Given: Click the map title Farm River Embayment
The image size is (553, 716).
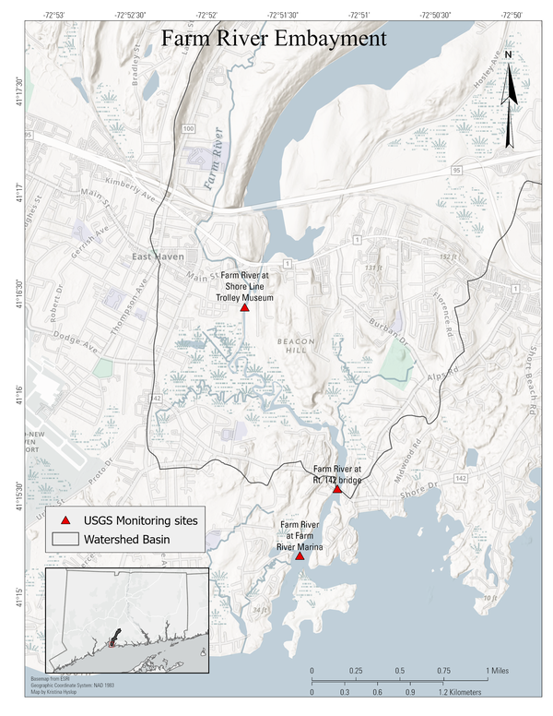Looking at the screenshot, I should (x=273, y=40).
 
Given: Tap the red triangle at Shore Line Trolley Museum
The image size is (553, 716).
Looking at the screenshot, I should (x=244, y=307).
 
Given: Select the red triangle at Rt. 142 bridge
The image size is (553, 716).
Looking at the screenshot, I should (x=337, y=489).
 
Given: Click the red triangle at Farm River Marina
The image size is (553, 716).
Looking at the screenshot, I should (x=300, y=556).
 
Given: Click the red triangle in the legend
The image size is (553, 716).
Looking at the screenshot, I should (x=65, y=521).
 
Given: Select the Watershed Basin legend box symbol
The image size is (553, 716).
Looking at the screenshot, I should (x=65, y=539).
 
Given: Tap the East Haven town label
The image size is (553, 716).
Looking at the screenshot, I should (x=158, y=257).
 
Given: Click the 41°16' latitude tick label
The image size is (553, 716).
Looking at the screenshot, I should (x=16, y=391).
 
